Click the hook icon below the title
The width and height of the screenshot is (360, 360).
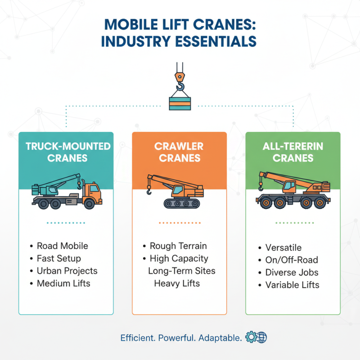[x=180, y=79]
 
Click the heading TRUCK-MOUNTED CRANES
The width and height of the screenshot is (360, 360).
[x=66, y=152]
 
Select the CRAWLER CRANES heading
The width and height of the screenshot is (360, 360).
[x=179, y=152]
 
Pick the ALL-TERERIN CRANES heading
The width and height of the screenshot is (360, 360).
[x=292, y=152]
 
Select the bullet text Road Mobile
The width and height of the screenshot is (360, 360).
[x=62, y=246]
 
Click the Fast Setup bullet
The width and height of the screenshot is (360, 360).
[x=58, y=258]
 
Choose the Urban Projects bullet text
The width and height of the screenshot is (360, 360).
[x=67, y=271]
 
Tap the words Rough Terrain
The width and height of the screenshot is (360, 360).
[x=178, y=246]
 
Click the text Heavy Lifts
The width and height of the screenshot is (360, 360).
[x=177, y=283]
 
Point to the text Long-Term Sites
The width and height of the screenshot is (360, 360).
[x=182, y=271]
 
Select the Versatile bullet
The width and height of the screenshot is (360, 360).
[x=283, y=248]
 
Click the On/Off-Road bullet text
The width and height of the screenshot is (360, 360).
[x=292, y=260]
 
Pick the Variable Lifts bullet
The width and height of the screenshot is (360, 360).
[x=292, y=285]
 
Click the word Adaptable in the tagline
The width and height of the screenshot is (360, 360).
[x=219, y=337]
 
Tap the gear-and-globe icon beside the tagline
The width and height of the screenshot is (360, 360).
[x=256, y=337]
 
